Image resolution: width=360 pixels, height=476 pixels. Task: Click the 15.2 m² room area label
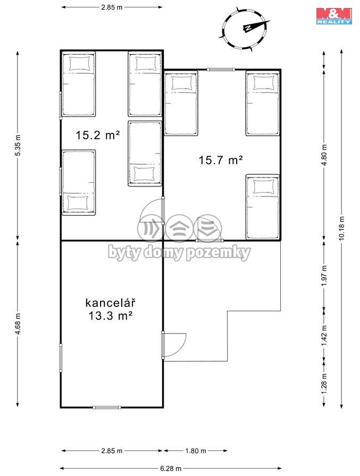point(97,135)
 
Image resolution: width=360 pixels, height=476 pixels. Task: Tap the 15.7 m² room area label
point(221,160)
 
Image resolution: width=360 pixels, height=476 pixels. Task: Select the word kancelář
point(110,303)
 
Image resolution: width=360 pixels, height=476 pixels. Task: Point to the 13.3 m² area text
point(111,316)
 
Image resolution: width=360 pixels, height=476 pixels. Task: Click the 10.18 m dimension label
point(342,228)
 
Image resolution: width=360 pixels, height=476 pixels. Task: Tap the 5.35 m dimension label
point(18,145)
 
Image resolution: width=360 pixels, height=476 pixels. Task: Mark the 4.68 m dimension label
point(18,324)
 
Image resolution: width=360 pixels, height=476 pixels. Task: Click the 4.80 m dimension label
point(324,155)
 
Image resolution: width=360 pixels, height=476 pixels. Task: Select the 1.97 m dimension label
point(324,276)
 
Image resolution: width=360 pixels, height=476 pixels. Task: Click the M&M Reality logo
point(334,16)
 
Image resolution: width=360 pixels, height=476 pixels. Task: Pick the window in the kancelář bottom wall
point(107,407)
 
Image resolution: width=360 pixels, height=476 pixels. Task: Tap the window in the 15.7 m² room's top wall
point(221,70)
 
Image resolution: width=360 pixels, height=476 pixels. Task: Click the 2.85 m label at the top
point(112,7)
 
